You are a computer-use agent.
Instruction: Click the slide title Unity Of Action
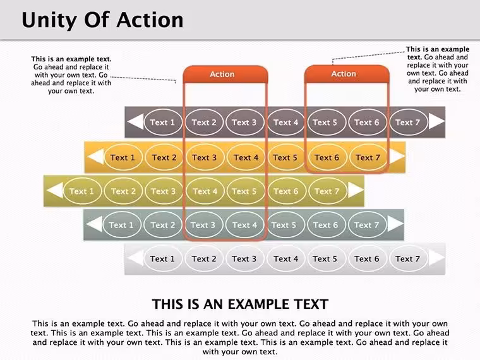pos(102,20)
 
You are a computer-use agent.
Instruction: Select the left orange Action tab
pos(225,74)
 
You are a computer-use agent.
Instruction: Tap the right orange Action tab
pos(347,74)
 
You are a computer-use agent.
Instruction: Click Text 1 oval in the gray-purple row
pos(162,123)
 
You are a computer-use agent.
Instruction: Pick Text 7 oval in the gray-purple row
pos(408,123)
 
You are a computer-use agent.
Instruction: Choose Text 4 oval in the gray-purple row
pos(285,123)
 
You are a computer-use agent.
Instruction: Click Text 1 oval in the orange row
pos(123,158)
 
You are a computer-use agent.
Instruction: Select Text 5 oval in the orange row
pos(285,158)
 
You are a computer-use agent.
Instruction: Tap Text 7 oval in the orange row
pos(368,158)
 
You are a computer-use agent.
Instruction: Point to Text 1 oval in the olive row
pos(81,191)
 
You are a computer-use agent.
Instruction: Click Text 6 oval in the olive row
pos(285,191)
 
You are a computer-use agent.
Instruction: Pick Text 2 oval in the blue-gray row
pos(163,225)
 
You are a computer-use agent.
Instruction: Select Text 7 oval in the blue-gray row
pos(367,225)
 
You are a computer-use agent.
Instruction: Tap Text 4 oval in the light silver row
pos(285,259)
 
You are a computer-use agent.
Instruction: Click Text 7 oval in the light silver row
pos(408,259)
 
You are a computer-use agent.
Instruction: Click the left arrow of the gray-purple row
pos(135,121)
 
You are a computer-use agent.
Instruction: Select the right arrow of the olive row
pos(356,190)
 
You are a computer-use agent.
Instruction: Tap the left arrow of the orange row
pos(95,157)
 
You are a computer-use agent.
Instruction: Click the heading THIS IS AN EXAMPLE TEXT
pos(240,304)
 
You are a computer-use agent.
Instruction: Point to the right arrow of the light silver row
pos(437,258)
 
